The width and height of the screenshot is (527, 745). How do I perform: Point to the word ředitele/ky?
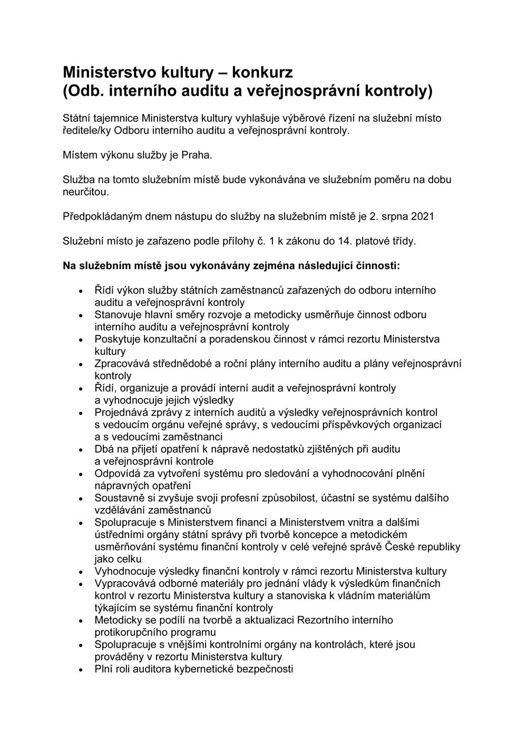86,131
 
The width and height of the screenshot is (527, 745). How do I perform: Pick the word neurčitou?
86,192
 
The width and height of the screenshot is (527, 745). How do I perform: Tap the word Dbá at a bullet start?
104,449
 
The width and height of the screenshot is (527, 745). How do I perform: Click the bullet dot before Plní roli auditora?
81,670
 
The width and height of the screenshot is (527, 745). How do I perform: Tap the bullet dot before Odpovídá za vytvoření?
81,474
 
